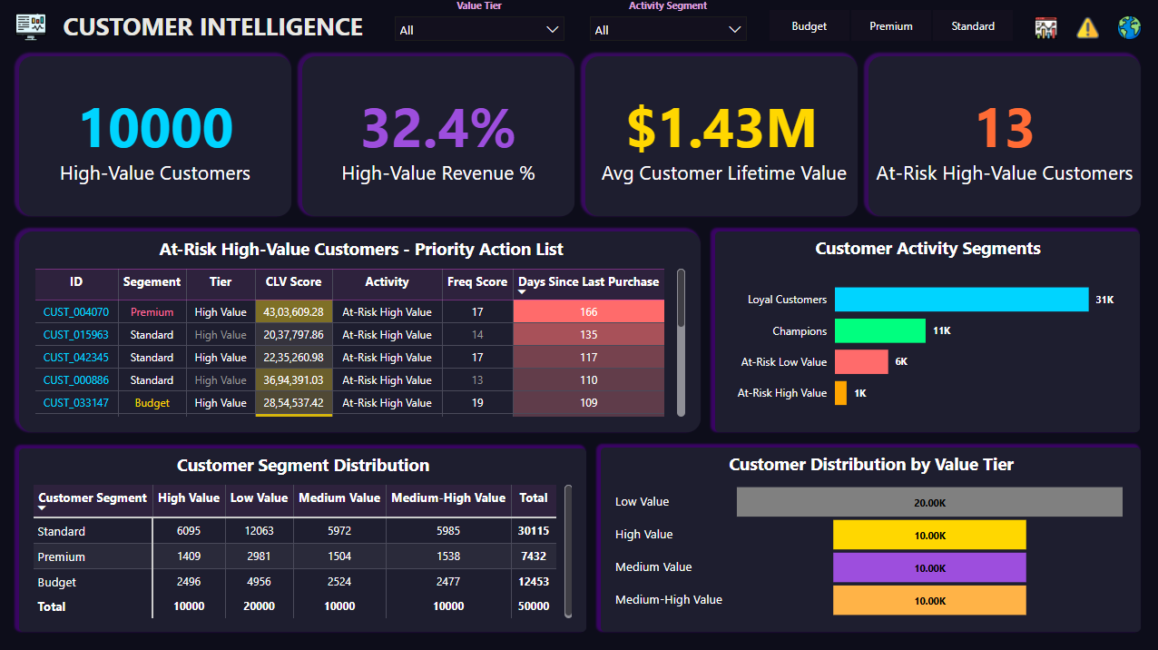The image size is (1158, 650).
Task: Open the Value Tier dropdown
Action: click(x=479, y=30)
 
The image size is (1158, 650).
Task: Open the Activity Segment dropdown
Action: click(x=668, y=30)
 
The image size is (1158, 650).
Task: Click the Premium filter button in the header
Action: click(x=891, y=26)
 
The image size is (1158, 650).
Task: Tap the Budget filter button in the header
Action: click(x=809, y=26)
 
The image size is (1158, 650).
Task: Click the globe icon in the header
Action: click(x=1129, y=27)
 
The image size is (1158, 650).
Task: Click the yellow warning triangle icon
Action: click(x=1087, y=28)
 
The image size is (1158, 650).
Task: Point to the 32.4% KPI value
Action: click(x=438, y=128)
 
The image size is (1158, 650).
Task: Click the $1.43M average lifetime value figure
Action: click(x=722, y=128)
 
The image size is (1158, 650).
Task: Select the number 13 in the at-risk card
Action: click(x=1005, y=128)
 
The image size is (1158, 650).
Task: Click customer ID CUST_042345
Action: click(x=75, y=358)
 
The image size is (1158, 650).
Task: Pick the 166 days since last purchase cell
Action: click(x=588, y=312)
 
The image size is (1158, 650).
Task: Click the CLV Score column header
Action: click(x=293, y=282)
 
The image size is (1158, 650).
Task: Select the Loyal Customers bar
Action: click(x=960, y=300)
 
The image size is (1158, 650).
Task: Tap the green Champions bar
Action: click(x=879, y=330)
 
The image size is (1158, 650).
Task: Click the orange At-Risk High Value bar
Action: click(x=840, y=393)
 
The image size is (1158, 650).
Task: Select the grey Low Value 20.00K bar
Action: click(x=929, y=502)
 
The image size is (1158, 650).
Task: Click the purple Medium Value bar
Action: click(x=929, y=567)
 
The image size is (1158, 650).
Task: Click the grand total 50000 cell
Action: click(x=533, y=606)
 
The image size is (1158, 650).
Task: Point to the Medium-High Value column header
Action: click(x=448, y=497)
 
